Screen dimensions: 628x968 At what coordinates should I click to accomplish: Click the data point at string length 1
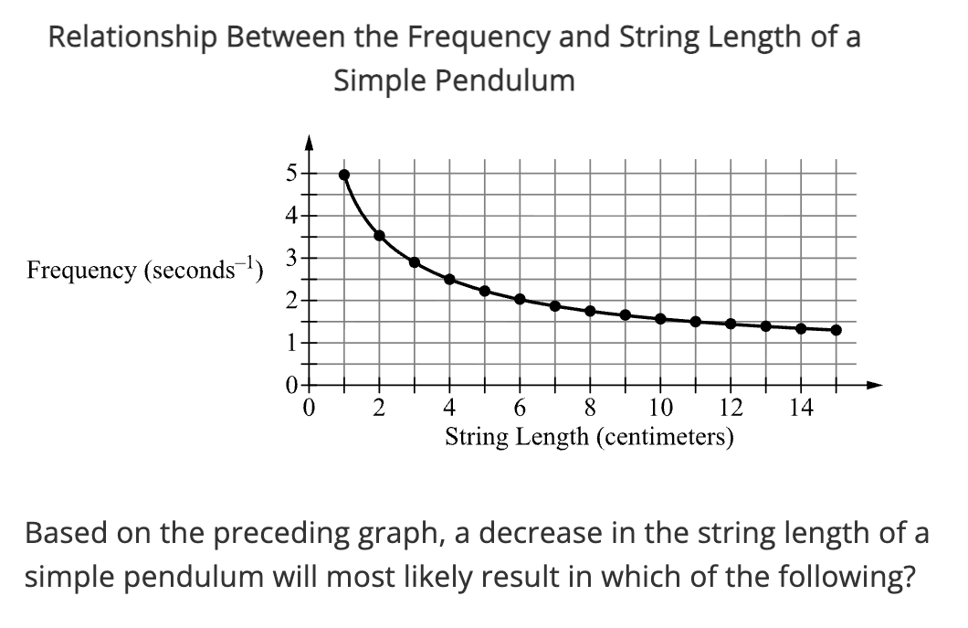(x=344, y=175)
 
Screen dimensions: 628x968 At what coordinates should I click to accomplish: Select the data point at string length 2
(x=380, y=235)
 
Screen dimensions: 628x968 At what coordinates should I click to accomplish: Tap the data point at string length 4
(x=449, y=279)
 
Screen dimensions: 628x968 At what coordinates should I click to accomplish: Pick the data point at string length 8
(x=590, y=311)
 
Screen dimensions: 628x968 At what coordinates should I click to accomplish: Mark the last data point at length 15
(x=836, y=330)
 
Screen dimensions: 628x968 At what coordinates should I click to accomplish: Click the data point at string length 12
(x=731, y=324)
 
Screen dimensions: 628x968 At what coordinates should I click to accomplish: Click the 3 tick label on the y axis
(x=289, y=258)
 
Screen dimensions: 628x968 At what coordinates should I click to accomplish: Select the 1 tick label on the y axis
(x=289, y=344)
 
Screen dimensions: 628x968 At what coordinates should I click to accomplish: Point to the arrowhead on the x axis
(x=875, y=385)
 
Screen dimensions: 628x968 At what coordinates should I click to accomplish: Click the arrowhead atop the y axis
(x=310, y=142)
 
